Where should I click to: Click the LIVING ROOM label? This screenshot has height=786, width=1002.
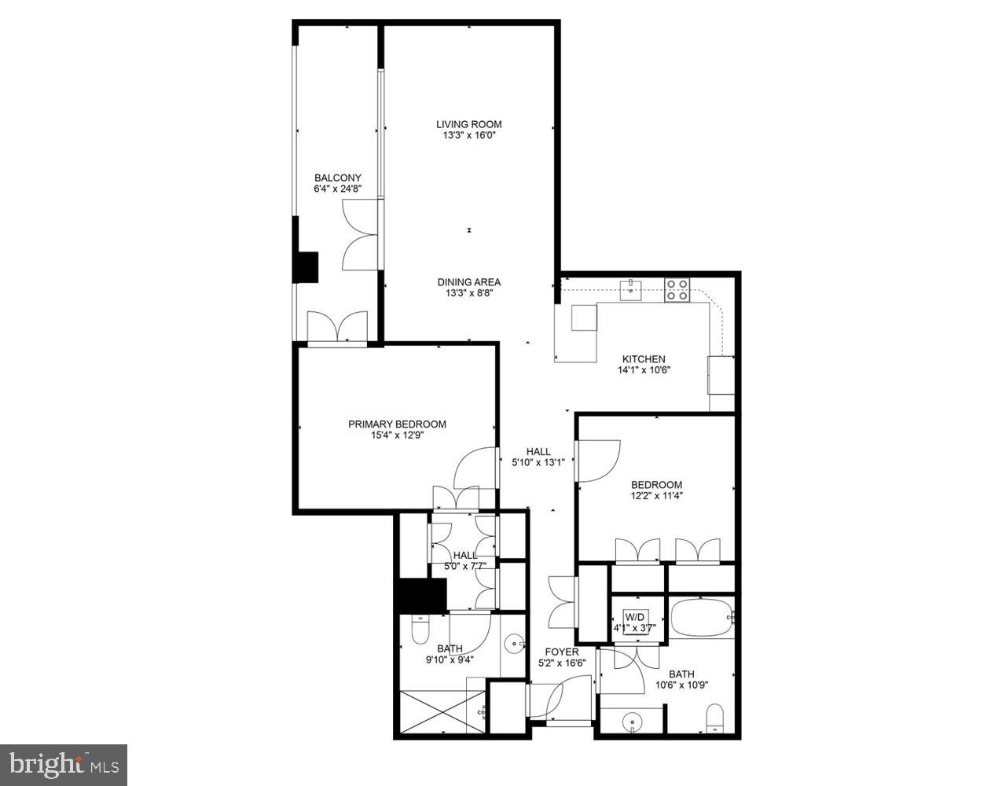coord(468,124)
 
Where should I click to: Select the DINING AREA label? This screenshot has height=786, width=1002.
coord(468,282)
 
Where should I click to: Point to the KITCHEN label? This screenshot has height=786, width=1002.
coord(644,359)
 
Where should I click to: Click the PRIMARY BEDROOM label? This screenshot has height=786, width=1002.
coord(397,424)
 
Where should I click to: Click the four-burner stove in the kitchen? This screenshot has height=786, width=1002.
coord(677,291)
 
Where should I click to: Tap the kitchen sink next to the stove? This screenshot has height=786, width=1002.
coord(630,290)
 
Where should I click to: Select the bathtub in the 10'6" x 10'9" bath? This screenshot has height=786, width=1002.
coord(702,618)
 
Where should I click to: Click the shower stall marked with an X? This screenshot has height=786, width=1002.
coord(442,712)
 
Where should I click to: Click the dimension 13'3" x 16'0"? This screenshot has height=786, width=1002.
coord(468,135)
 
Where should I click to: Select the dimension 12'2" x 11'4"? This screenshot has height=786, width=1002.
coord(656,496)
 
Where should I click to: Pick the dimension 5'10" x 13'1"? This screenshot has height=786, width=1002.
coord(538,462)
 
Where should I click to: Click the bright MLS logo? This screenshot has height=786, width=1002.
coord(63,764)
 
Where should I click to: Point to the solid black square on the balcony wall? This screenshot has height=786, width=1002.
coord(305,266)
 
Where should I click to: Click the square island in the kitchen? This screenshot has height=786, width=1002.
coord(584,318)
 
